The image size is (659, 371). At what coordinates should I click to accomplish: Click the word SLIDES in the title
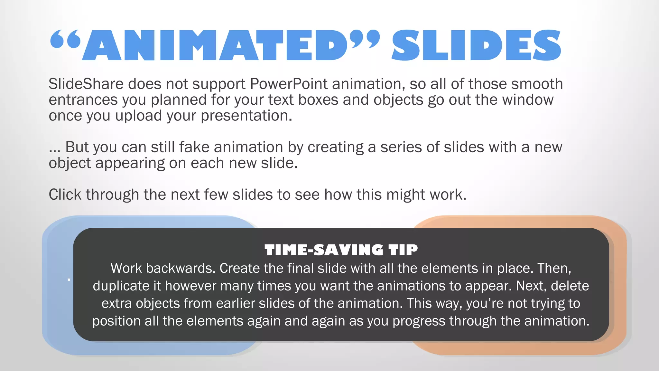point(476,45)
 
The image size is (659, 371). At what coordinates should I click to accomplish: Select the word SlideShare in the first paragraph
point(86,84)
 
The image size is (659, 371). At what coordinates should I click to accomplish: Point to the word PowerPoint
point(289,84)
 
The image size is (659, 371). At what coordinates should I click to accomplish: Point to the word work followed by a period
point(448,195)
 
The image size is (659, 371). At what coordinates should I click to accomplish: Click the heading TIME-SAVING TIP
point(341,250)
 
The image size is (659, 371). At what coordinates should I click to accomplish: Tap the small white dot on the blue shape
point(69,280)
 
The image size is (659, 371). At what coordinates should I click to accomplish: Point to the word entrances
point(83,100)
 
